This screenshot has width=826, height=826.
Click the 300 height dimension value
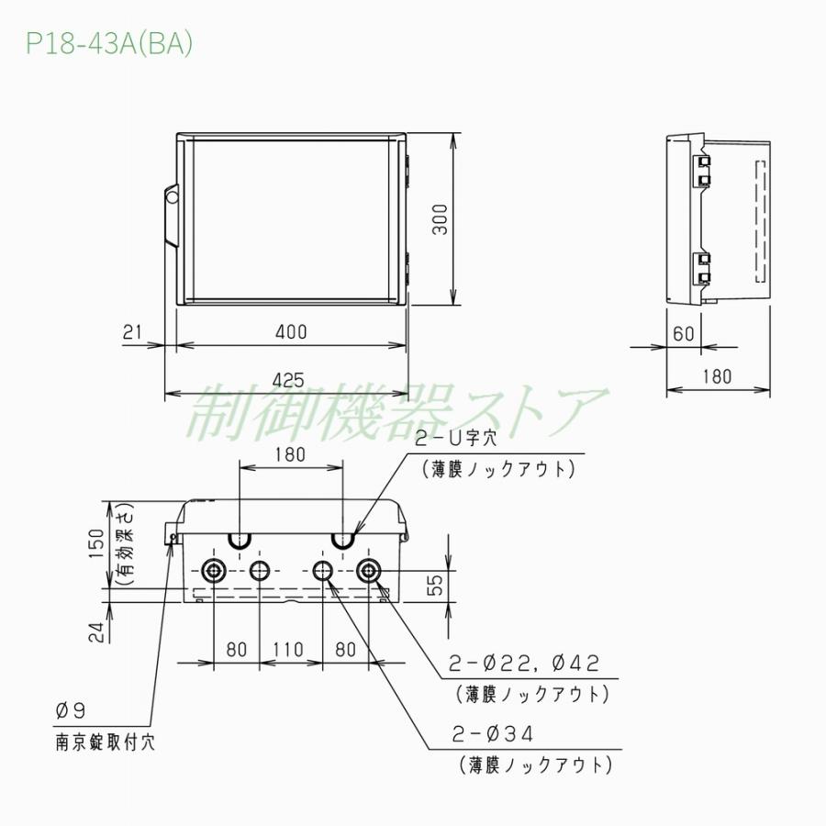441,220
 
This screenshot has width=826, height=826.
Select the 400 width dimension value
291,332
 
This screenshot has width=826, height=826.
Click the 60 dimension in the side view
684,333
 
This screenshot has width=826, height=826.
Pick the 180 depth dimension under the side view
719,375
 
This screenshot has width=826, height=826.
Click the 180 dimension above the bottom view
290,454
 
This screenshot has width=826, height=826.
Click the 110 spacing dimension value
288,650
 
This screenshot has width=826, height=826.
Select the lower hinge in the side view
702,267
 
